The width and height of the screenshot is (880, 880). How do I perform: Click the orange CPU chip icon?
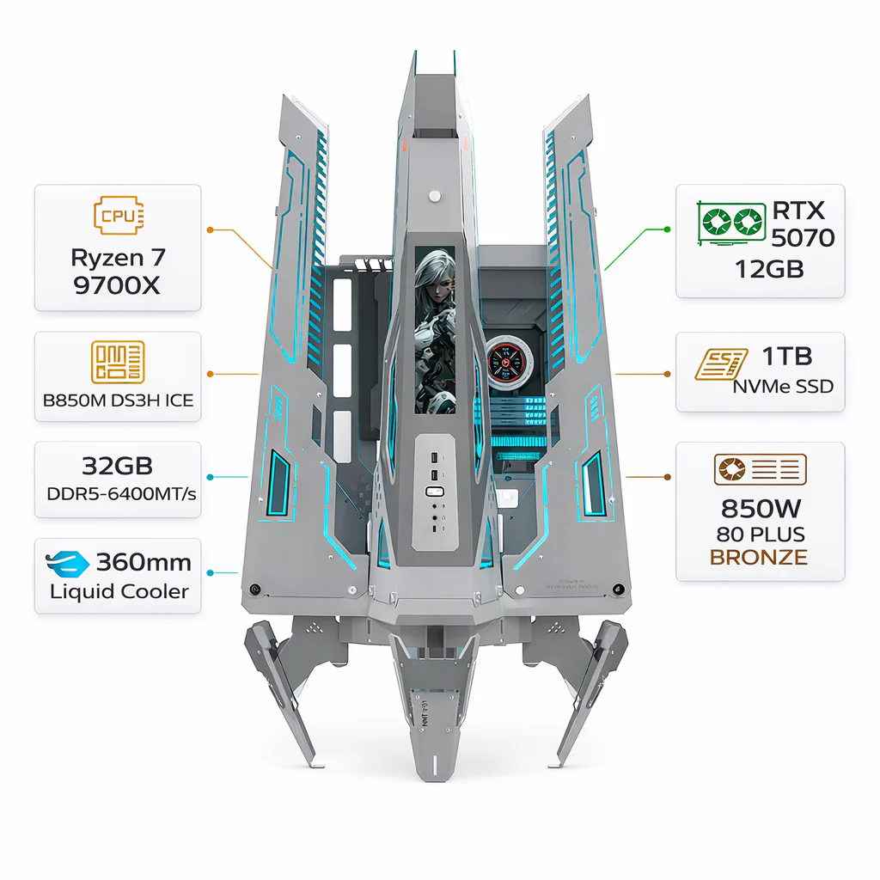pyautogui.click(x=119, y=215)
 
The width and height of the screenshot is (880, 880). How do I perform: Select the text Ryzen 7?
pyautogui.click(x=118, y=258)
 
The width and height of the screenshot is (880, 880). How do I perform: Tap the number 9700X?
pyautogui.click(x=117, y=285)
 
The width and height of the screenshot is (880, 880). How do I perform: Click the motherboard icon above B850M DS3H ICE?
pyautogui.click(x=118, y=362)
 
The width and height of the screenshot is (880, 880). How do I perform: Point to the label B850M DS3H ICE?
pyautogui.click(x=118, y=400)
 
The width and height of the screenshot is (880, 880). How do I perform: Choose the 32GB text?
pyautogui.click(x=117, y=466)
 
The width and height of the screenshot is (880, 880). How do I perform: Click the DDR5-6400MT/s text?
pyautogui.click(x=121, y=494)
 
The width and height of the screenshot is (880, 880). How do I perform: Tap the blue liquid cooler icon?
pyautogui.click(x=67, y=564)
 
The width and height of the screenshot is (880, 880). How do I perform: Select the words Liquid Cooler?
pyautogui.click(x=119, y=591)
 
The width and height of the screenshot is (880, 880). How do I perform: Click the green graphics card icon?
pyautogui.click(x=731, y=223)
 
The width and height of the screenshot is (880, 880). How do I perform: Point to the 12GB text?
pyautogui.click(x=769, y=269)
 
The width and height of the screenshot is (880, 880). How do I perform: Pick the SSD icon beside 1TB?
pyautogui.click(x=721, y=364)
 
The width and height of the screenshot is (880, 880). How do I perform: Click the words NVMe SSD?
pyautogui.click(x=783, y=386)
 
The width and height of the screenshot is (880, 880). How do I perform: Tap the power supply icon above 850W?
pyautogui.click(x=761, y=469)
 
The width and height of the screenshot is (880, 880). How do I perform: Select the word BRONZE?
pyautogui.click(x=759, y=557)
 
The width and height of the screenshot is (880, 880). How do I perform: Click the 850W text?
pyautogui.click(x=761, y=509)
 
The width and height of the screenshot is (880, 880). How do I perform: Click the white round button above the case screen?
pyautogui.click(x=434, y=197)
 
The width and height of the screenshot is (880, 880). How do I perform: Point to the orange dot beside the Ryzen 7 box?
pyautogui.click(x=210, y=230)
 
